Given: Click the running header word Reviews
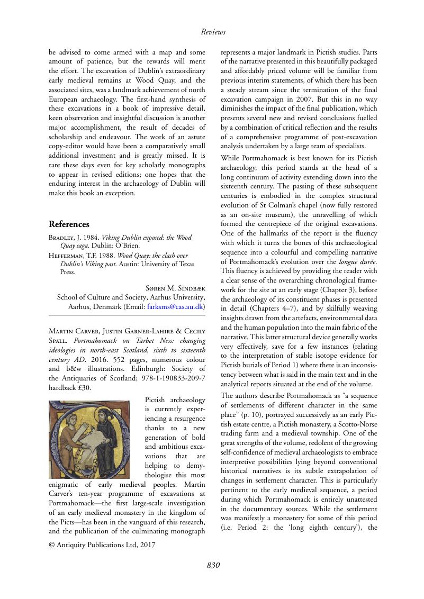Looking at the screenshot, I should click(x=213, y=32).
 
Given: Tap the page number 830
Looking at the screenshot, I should click(x=213, y=565).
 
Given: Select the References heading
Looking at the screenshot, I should click(x=69, y=224).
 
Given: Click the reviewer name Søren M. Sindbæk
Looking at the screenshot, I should click(x=175, y=287).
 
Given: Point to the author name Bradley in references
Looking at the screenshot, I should click(x=63, y=238).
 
